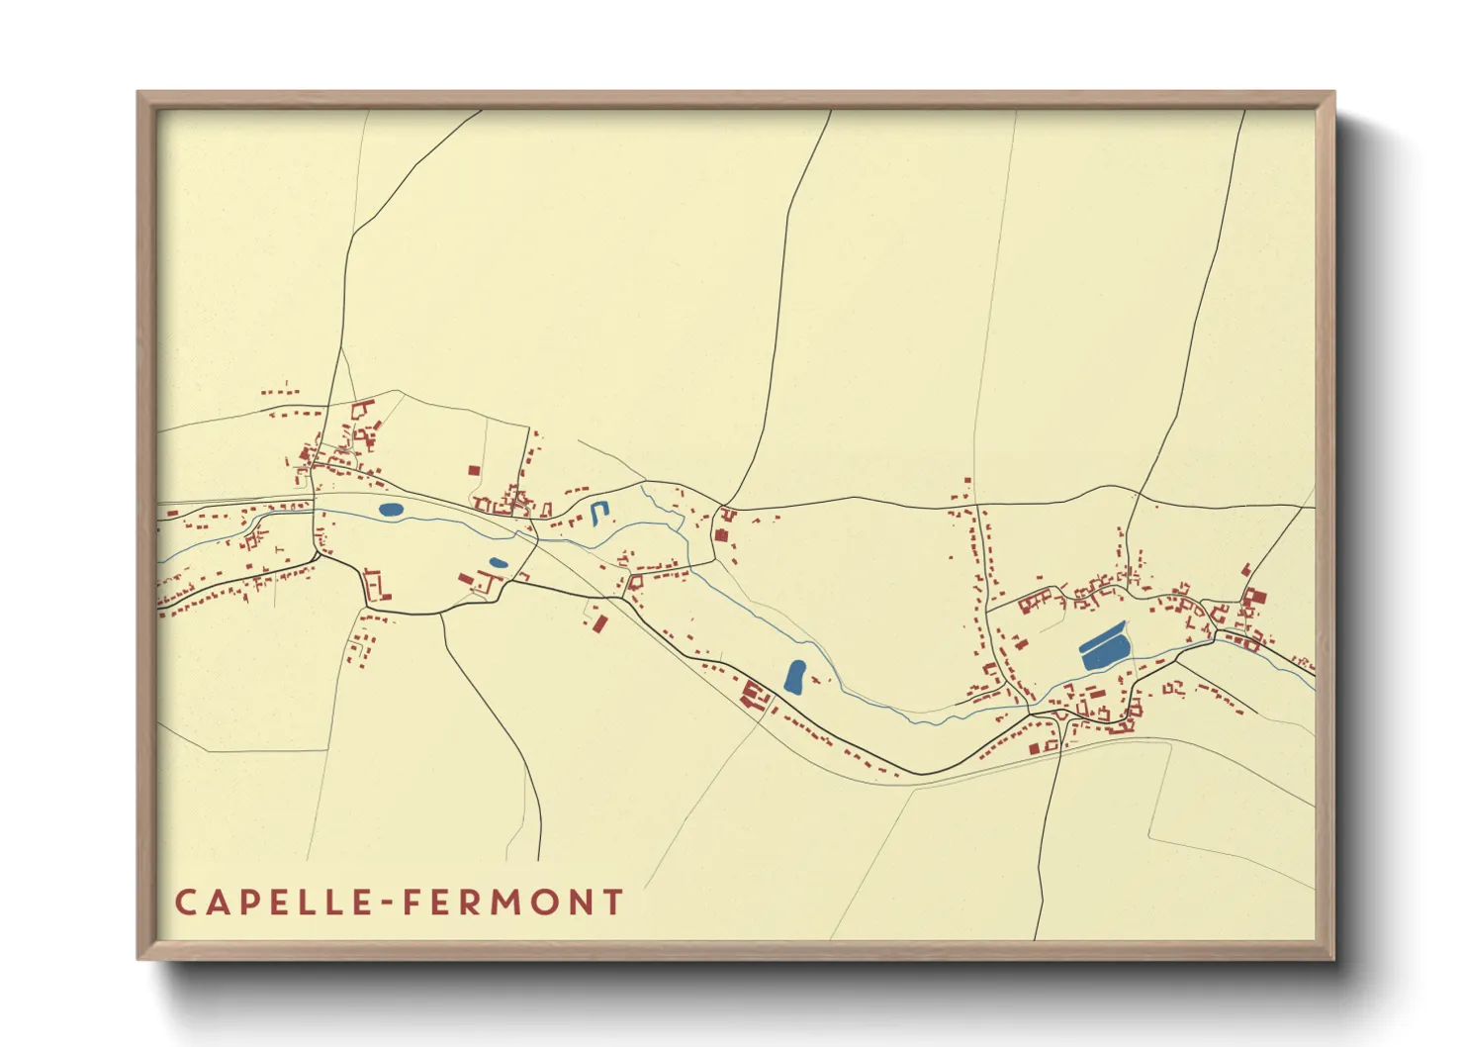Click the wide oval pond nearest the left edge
pos(390,510)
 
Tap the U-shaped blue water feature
pos(597,513)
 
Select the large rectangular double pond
pos(1104,648)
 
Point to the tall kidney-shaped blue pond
pos(794,676)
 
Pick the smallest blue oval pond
pos(499,562)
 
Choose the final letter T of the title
pos(614,903)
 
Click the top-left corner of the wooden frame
pos(139,94)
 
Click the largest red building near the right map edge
pos(1255,598)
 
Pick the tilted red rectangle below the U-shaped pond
pos(599,622)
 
